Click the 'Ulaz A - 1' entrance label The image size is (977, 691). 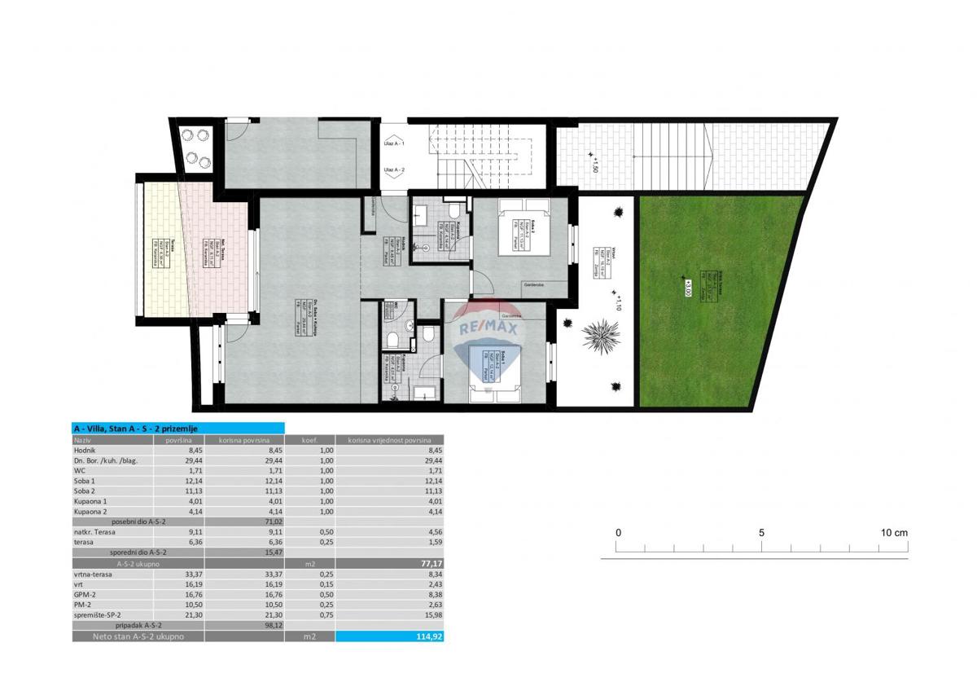tap(394, 143)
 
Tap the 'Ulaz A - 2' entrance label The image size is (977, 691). tap(394, 169)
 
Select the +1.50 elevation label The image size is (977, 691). tap(594, 165)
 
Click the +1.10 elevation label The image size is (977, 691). tap(618, 303)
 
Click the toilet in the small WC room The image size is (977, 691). tap(392, 337)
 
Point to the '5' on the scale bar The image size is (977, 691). tap(761, 533)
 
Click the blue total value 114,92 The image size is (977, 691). tap(429, 636)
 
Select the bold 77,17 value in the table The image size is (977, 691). tap(429, 562)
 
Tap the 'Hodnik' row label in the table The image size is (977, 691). tap(85, 449)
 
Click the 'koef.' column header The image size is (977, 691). tap(309, 440)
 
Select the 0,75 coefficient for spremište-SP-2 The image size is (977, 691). tap(309, 614)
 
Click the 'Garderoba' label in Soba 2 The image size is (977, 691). tap(535, 284)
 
